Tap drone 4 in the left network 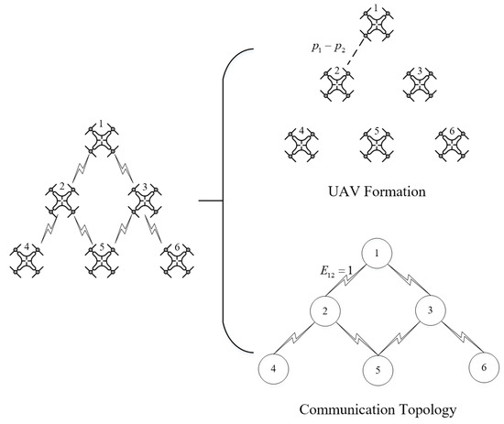28,259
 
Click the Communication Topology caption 378,410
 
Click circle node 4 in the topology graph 273,369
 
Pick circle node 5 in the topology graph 378,370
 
